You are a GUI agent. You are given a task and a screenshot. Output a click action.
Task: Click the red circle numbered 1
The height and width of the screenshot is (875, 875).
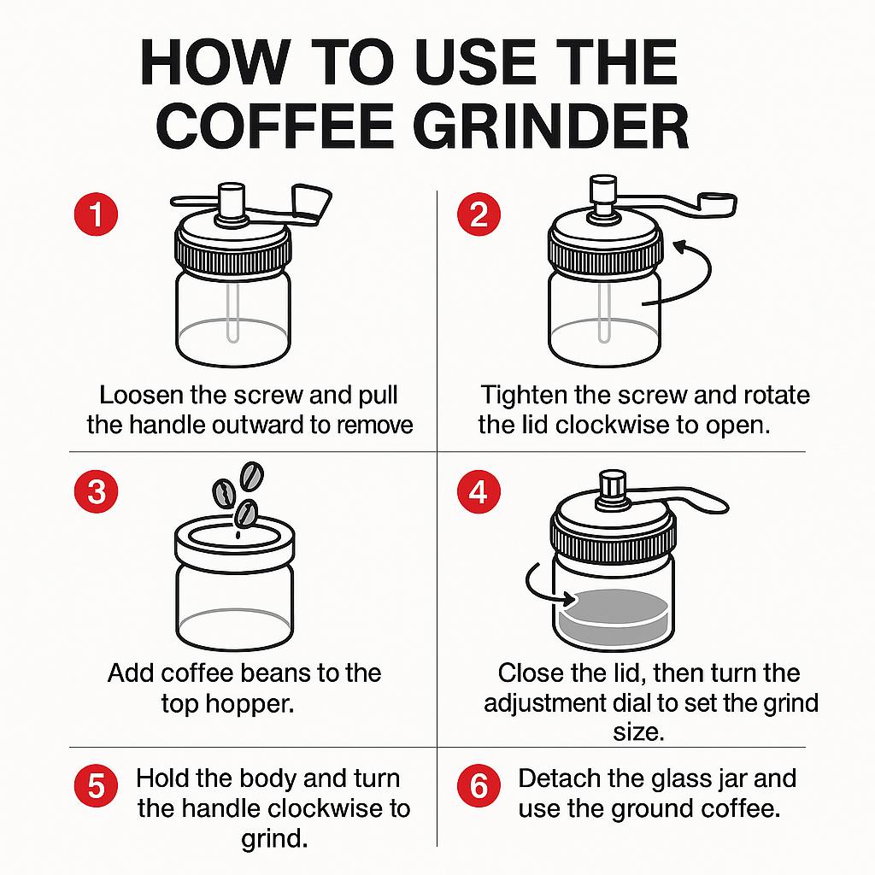pyautogui.click(x=96, y=214)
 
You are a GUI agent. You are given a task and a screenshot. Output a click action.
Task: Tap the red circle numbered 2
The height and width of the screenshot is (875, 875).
pyautogui.click(x=479, y=214)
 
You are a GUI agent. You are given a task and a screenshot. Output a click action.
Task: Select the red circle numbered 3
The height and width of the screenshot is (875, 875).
pyautogui.click(x=96, y=491)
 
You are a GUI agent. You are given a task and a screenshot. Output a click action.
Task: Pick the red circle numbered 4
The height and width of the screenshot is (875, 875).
pyautogui.click(x=479, y=491)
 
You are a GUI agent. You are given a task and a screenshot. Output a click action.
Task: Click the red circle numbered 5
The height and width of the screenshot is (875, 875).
pyautogui.click(x=96, y=786)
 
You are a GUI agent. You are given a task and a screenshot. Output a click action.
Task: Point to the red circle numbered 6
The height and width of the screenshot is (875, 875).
pyautogui.click(x=479, y=786)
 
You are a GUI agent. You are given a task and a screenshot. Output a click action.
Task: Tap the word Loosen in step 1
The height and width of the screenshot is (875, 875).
pyautogui.click(x=141, y=395)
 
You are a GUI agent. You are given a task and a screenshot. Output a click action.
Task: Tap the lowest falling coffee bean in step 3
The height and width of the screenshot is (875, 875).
pyautogui.click(x=245, y=514)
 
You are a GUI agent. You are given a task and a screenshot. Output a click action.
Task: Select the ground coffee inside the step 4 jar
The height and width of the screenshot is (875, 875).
pyautogui.click(x=614, y=614)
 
